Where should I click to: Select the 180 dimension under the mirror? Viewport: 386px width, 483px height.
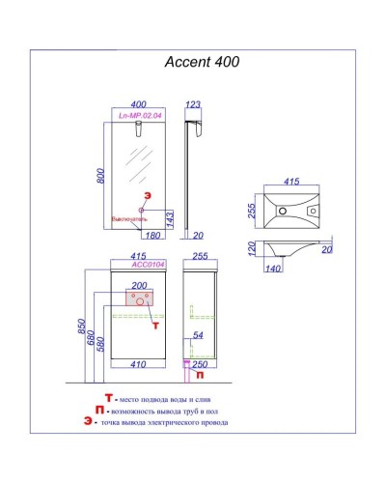coord(152,235)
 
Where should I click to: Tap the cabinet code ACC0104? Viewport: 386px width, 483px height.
coord(142,263)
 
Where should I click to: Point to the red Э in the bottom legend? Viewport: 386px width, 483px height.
coord(88,421)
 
